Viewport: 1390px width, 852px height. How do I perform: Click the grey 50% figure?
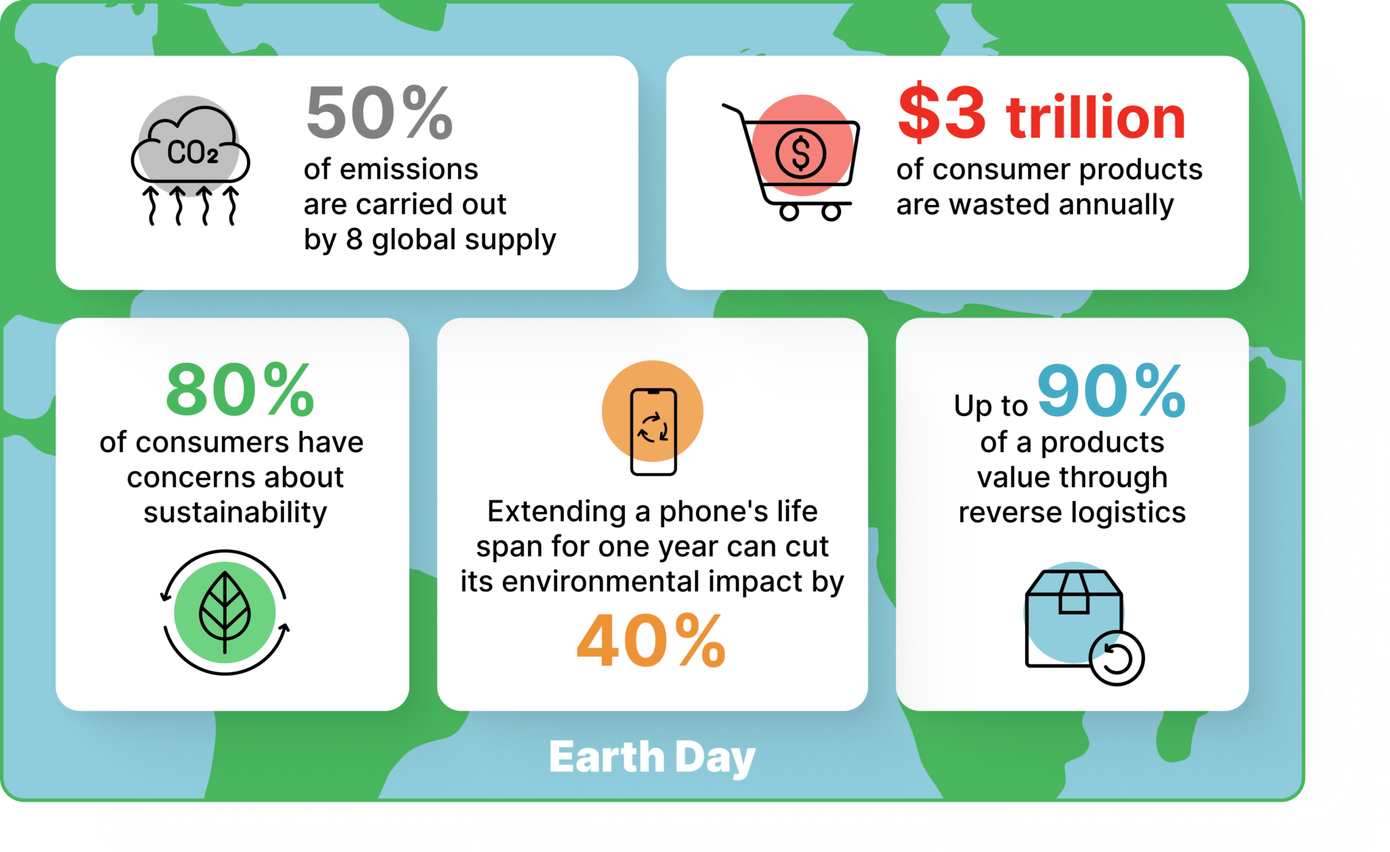[x=379, y=113]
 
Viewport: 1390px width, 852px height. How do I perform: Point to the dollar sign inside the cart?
[x=801, y=153]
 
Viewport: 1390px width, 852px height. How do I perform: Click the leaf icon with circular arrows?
[x=225, y=612]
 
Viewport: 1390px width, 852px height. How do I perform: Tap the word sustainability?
[x=235, y=513]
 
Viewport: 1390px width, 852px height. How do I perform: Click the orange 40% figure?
[x=651, y=641]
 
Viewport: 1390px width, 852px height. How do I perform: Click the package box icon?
[x=1073, y=618]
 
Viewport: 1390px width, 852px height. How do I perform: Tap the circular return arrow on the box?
[x=1116, y=659]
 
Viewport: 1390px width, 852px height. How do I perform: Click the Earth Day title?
[x=652, y=757]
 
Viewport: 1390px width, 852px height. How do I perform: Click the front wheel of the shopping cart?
[x=831, y=212]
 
